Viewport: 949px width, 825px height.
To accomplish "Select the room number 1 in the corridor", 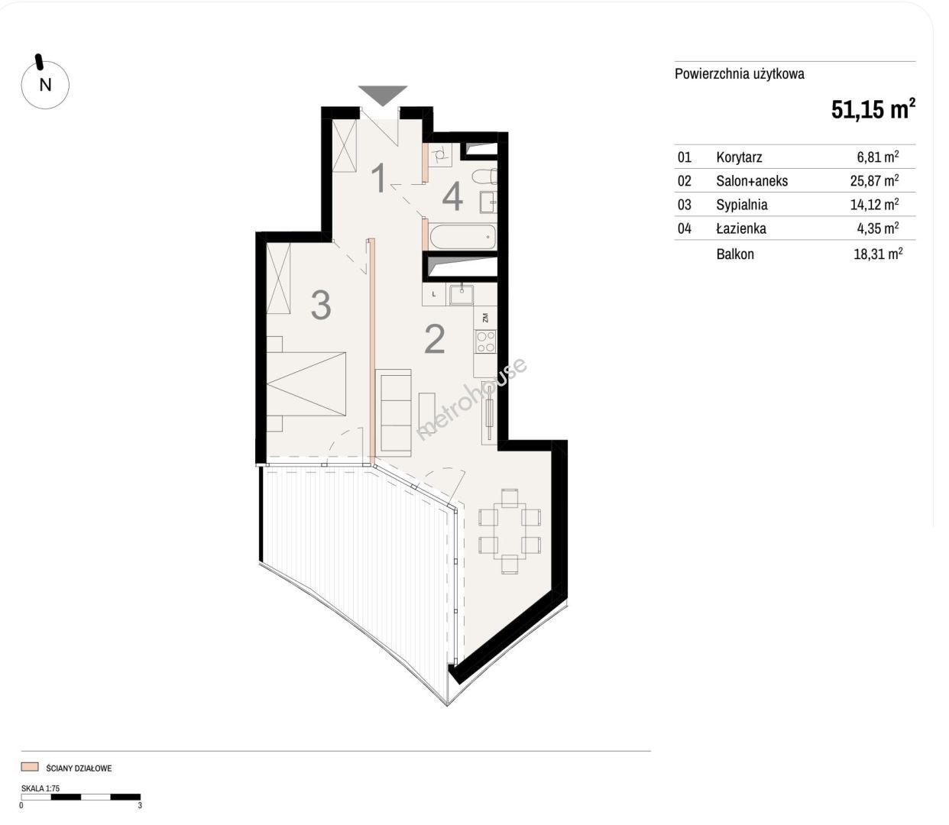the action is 379,178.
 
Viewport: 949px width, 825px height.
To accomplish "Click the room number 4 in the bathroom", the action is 452,196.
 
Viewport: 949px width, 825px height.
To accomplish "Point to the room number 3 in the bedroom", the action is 320,305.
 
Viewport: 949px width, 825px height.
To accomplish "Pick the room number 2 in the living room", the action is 435,339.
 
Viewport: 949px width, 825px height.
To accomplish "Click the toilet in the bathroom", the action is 484,176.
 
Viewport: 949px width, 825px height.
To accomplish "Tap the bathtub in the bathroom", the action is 463,237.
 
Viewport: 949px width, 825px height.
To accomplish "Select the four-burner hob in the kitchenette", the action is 485,341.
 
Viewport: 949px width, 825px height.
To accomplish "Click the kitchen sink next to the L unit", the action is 460,294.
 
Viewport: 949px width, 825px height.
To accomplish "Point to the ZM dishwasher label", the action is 486,318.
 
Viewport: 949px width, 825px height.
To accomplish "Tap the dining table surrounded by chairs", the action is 510,532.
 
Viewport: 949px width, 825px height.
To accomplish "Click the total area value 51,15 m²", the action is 873,109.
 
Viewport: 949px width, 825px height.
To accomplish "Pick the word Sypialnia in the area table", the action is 742,205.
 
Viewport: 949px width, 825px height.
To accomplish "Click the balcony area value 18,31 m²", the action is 878,254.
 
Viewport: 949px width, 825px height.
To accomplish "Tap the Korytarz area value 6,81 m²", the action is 878,157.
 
